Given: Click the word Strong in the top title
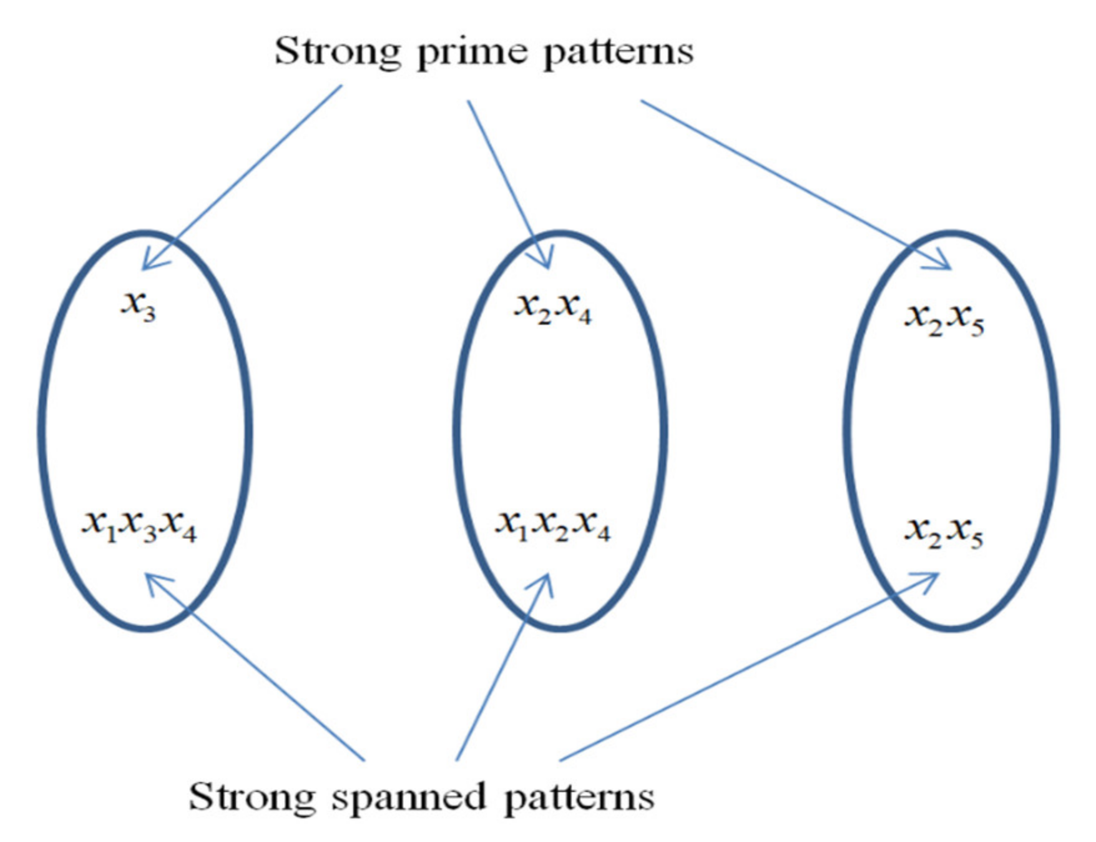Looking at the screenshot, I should [x=338, y=51].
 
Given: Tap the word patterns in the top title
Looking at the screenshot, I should [x=618, y=52].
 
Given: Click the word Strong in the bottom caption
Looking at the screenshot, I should [x=252, y=797].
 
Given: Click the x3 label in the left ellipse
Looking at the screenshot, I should [x=138, y=306].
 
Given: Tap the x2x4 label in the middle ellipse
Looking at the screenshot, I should [x=552, y=308].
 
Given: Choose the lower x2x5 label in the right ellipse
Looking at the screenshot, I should [x=944, y=533].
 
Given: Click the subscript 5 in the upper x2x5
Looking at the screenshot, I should [x=977, y=329].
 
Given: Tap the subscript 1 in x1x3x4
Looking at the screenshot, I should [x=111, y=535].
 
